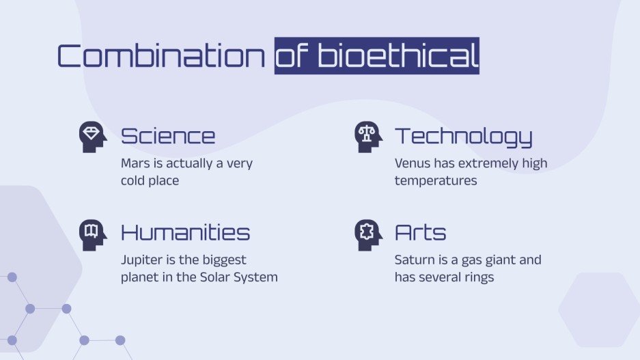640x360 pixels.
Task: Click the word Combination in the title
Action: pyautogui.click(x=161, y=56)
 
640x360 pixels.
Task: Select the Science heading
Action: pyautogui.click(x=168, y=136)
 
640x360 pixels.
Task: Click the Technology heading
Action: pyautogui.click(x=463, y=136)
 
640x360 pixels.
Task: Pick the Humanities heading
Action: pyautogui.click(x=185, y=232)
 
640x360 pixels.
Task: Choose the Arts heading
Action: pyautogui.click(x=420, y=232)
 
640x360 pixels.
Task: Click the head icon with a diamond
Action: pyautogui.click(x=93, y=137)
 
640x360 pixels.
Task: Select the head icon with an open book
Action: pyautogui.click(x=93, y=233)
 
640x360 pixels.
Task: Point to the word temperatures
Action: pyautogui.click(x=436, y=181)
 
